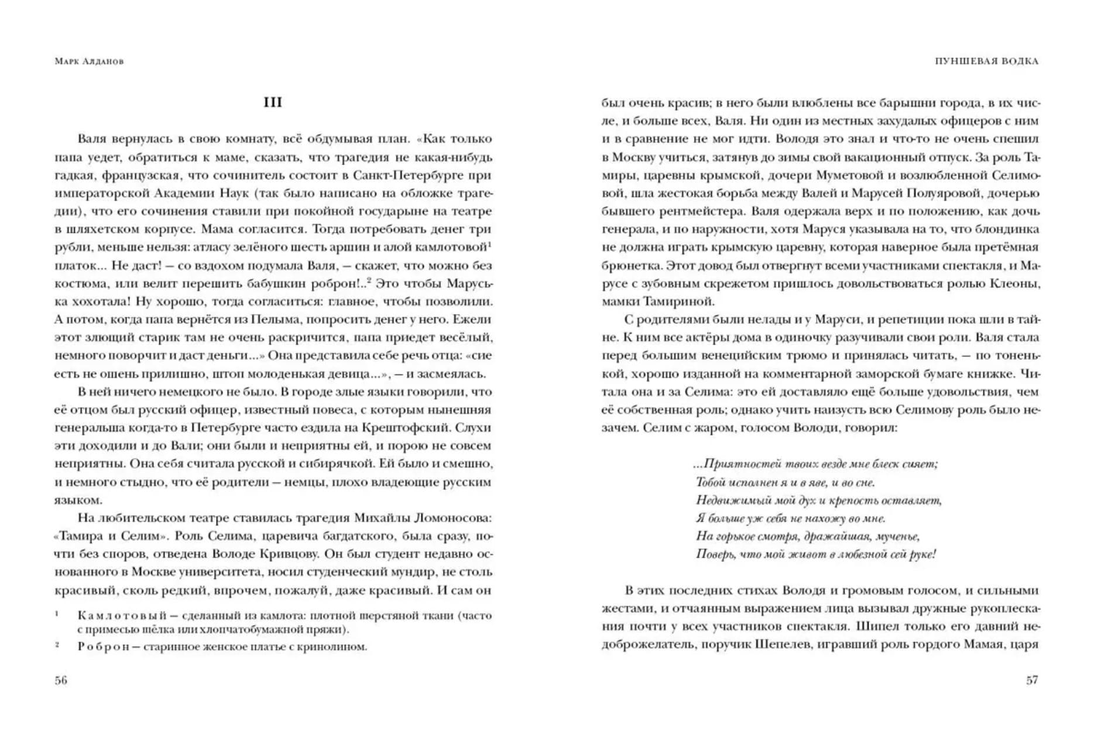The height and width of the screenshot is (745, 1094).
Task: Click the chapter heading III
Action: [x=273, y=102]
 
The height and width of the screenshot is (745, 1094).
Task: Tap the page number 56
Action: [x=61, y=680]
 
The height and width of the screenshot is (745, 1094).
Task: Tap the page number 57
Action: [x=1032, y=680]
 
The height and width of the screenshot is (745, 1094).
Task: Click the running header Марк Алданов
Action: [x=89, y=61]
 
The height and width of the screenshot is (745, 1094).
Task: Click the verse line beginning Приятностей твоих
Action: [x=815, y=464]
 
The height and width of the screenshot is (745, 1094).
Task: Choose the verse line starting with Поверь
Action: [x=815, y=554]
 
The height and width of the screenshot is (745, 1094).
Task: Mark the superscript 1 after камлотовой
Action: [x=489, y=244]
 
